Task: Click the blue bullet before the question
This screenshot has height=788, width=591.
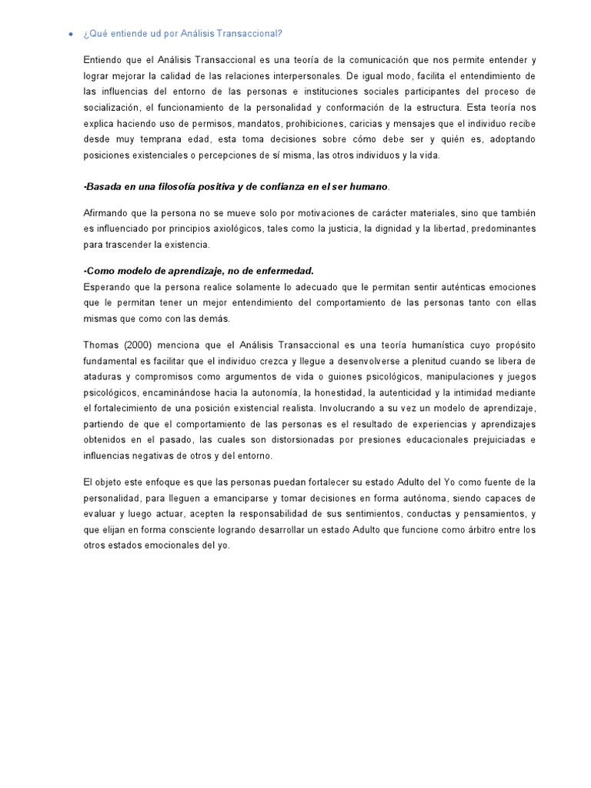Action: click(70, 34)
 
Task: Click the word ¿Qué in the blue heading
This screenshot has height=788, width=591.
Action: click(95, 33)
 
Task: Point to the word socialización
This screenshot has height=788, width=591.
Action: click(111, 108)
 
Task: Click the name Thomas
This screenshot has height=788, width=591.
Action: click(101, 345)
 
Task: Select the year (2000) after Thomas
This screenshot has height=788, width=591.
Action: click(140, 345)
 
